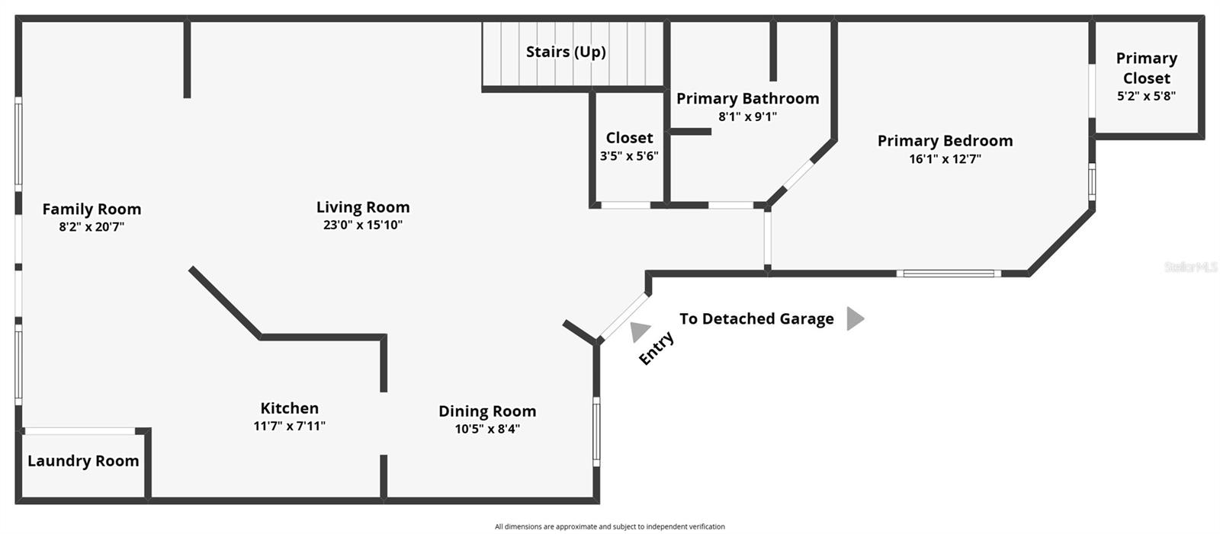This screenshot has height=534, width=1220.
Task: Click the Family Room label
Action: click(x=91, y=209)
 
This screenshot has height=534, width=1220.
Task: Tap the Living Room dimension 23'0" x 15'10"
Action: click(x=362, y=225)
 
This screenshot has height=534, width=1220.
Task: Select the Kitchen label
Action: click(x=289, y=408)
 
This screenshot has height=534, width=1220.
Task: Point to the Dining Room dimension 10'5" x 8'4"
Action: click(x=487, y=429)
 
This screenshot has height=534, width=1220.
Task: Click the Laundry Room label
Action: click(x=83, y=461)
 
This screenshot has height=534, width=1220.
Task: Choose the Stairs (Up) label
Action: click(x=566, y=52)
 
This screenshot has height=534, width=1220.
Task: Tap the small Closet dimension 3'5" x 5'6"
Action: click(x=629, y=156)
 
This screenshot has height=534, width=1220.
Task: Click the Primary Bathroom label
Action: click(x=747, y=98)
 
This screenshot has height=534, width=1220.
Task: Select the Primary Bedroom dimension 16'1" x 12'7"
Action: click(x=945, y=159)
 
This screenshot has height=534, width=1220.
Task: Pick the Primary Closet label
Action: click(x=1146, y=68)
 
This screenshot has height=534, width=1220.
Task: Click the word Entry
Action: click(x=656, y=348)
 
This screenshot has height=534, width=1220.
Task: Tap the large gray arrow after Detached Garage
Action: click(x=855, y=318)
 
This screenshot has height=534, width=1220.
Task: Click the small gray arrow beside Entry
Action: click(x=639, y=331)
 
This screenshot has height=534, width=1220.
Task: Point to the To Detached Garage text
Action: click(x=756, y=319)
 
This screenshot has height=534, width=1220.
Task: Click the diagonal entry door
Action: click(x=624, y=316)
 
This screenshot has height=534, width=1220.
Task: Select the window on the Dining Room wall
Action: click(x=596, y=430)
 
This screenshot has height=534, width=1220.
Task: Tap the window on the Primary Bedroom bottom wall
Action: click(x=949, y=273)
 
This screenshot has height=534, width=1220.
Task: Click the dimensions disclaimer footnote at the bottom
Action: click(x=609, y=526)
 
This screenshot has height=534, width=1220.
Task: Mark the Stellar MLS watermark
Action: click(x=1189, y=267)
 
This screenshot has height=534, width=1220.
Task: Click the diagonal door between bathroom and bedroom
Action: click(x=799, y=174)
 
